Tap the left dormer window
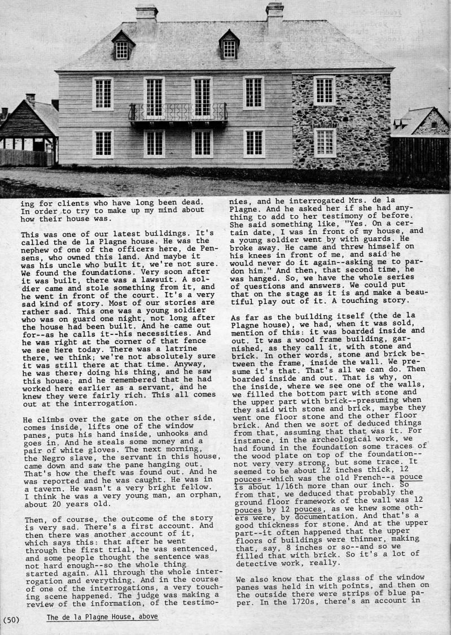point(122,47)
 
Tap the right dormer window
point(229,46)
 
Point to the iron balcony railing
point(178,112)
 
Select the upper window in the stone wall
point(324,90)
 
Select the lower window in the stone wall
point(324,142)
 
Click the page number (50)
point(11,619)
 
